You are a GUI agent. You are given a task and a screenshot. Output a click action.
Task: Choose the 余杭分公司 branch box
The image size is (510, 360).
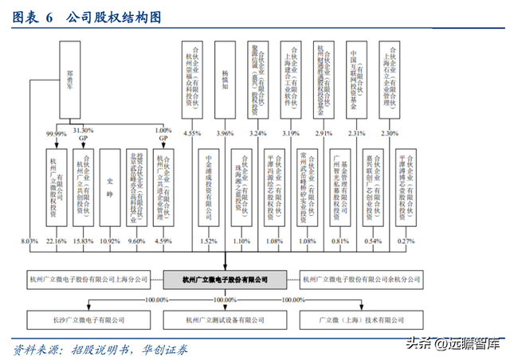tap(360, 280)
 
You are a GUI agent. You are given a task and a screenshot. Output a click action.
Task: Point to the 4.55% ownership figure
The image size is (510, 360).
tap(192, 133)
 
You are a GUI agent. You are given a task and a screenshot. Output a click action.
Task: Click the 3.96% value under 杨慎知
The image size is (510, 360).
tap(226, 133)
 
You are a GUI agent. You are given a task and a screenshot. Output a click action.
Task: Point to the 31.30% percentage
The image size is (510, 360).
tap(83, 130)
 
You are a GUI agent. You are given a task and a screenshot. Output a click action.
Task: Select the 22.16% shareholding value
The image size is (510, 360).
tap(56, 240)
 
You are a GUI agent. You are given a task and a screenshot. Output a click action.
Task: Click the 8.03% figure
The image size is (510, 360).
tap(29, 240)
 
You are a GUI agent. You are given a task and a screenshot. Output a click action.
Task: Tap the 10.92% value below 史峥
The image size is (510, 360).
tap(111, 240)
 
